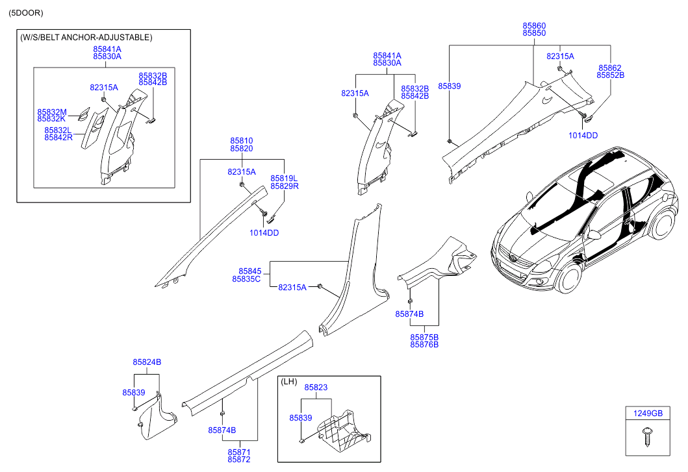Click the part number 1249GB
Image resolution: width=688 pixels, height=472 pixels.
pyautogui.click(x=648, y=413)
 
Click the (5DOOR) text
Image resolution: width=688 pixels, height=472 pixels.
pyautogui.click(x=26, y=13)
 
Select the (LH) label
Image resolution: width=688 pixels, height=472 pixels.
pyautogui.click(x=290, y=383)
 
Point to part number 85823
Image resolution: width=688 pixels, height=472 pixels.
pyautogui.click(x=316, y=388)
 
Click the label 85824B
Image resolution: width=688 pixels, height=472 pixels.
pyautogui.click(x=147, y=362)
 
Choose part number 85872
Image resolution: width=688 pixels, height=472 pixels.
pyautogui.click(x=239, y=460)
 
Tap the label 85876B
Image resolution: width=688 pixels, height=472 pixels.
pyautogui.click(x=424, y=345)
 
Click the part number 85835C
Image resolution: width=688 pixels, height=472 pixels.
pyautogui.click(x=246, y=279)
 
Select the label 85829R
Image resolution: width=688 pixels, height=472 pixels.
pyautogui.click(x=285, y=186)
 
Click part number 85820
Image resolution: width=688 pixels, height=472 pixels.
pyautogui.click(x=241, y=149)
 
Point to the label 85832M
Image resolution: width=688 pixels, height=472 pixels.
pyautogui.click(x=52, y=112)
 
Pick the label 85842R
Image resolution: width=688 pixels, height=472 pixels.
pyautogui.click(x=59, y=138)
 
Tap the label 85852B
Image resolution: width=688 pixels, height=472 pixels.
pyautogui.click(x=610, y=75)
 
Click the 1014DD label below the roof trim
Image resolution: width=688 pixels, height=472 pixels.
pyautogui.click(x=583, y=135)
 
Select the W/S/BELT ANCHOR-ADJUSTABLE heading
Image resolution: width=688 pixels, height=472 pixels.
pyautogui.click(x=86, y=38)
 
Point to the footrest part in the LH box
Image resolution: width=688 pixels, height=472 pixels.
pyautogui.click(x=343, y=431)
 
